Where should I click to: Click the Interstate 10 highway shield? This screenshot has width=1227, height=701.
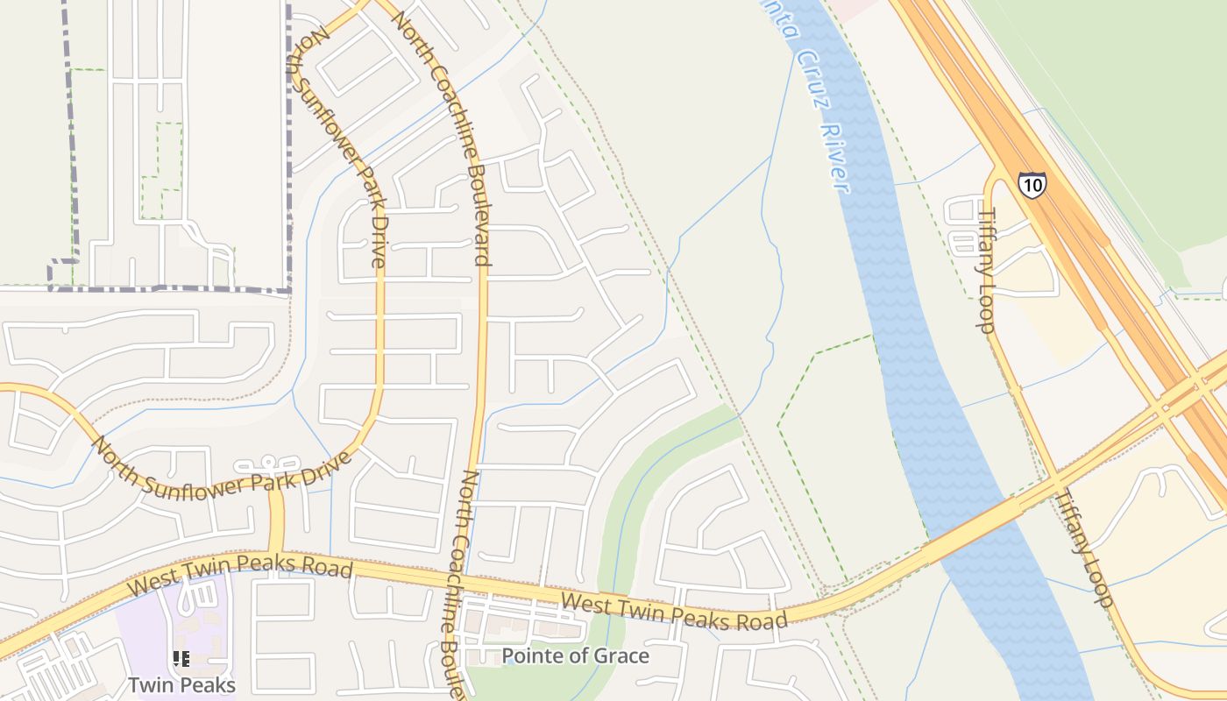(1032, 185)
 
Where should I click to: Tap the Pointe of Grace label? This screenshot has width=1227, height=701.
(575, 655)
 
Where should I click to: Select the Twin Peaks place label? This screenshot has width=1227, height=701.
(181, 684)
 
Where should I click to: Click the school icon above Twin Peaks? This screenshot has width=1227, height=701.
(181, 658)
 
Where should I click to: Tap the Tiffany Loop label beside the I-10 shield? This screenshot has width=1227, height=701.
(987, 270)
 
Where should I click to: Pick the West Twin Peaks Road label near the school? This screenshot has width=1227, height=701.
(240, 574)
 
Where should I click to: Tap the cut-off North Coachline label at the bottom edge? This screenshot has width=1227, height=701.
(455, 583)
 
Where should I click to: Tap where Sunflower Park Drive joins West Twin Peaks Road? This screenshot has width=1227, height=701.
(277, 554)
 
